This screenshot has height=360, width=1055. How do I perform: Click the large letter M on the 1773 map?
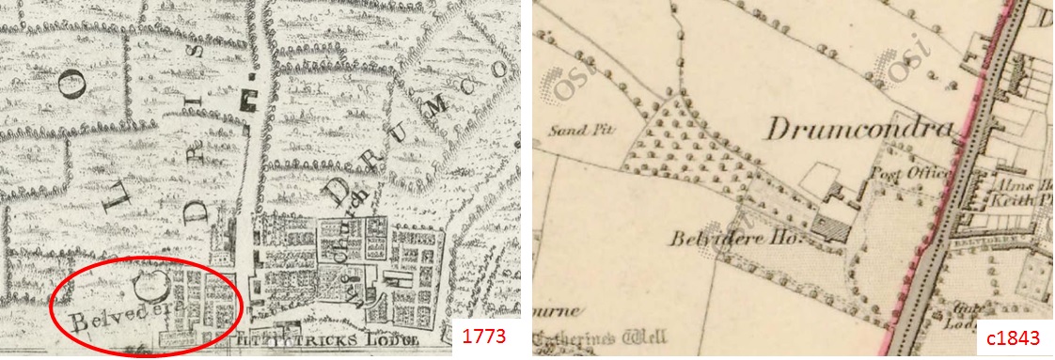point(434,114)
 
